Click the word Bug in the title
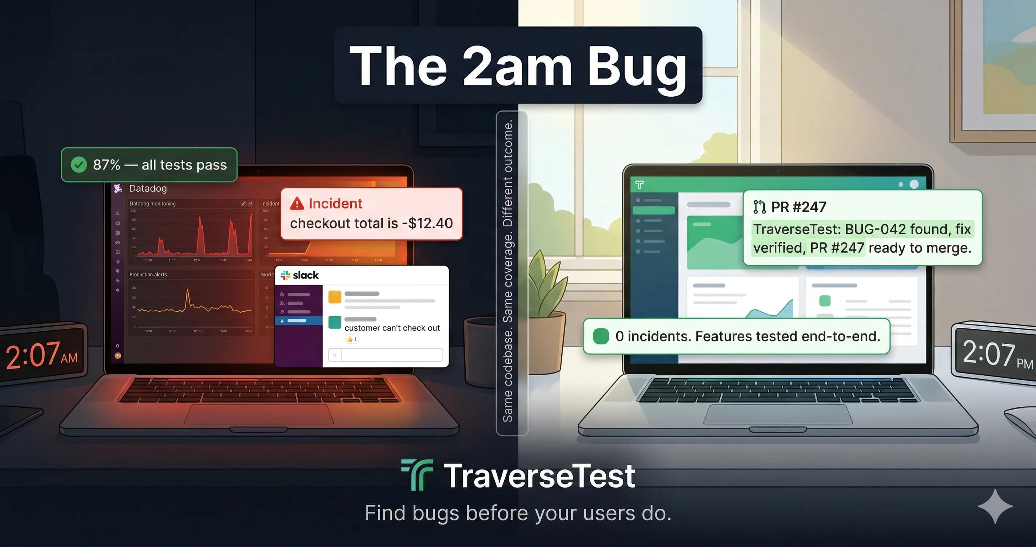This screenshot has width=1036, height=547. coord(637,66)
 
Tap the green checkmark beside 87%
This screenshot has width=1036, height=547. coord(79,164)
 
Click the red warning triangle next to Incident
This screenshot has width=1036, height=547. coord(297,204)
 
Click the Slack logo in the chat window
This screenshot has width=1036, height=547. coord(286,275)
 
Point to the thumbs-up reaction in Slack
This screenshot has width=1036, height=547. coord(350,339)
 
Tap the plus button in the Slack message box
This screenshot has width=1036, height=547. coord(335,355)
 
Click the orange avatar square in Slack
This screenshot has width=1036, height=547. coord(335,297)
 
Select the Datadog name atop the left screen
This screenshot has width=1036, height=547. coord(148,188)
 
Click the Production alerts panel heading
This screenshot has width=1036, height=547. coord(148,274)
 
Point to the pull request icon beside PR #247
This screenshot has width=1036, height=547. coord(759,207)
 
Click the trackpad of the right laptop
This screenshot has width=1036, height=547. coord(777,414)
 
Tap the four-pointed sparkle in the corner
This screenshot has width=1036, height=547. coord(995,506)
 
